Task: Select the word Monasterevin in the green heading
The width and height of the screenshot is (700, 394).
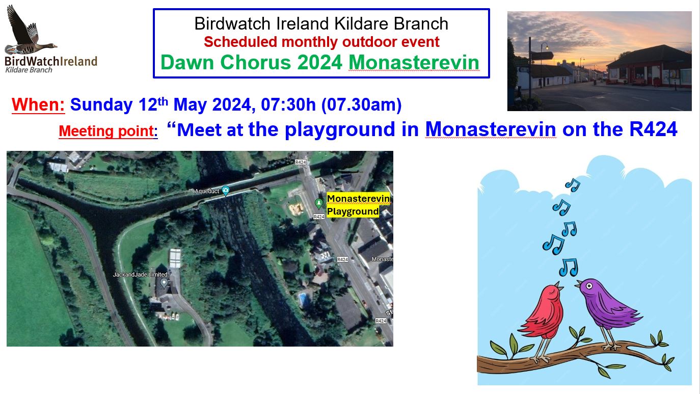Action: click(x=414, y=62)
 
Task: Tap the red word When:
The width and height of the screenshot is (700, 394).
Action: click(x=38, y=104)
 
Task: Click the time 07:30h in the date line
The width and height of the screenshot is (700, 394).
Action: click(x=288, y=104)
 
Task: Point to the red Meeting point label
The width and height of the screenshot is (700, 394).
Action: click(x=108, y=130)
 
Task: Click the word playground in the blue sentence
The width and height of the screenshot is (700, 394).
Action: click(x=340, y=129)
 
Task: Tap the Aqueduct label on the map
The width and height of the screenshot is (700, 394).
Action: click(x=207, y=191)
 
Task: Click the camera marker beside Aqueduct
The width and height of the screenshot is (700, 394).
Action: click(x=225, y=190)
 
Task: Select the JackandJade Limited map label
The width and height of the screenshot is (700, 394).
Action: click(x=140, y=275)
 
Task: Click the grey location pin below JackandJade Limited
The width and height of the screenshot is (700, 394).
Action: click(x=164, y=283)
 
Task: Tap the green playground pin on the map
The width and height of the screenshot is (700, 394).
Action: click(x=319, y=203)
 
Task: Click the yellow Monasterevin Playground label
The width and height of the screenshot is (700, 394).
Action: click(x=358, y=205)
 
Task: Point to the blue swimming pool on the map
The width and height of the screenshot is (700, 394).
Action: click(x=303, y=299)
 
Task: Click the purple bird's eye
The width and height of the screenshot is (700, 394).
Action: click(x=589, y=286)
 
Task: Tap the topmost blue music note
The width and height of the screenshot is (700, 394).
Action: click(x=573, y=185)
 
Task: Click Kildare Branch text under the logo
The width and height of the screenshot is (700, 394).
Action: click(x=29, y=70)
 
